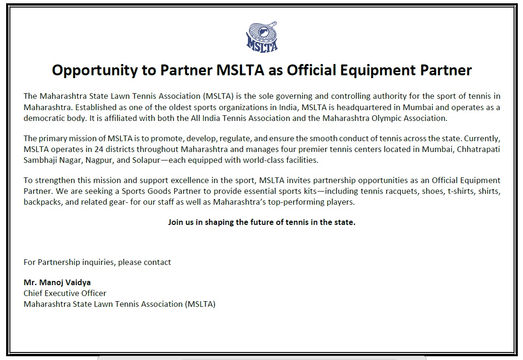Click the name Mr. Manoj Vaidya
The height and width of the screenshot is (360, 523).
pyautogui.click(x=57, y=283)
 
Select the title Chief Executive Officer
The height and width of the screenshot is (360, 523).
pyautogui.click(x=65, y=293)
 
